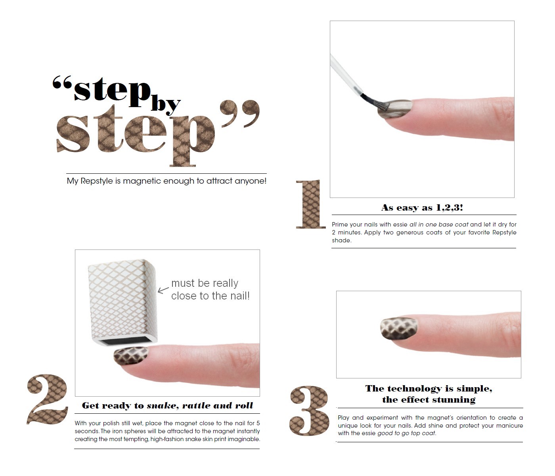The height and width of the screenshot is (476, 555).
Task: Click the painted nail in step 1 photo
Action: (395, 109)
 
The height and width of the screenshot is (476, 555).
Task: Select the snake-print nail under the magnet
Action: (131, 355)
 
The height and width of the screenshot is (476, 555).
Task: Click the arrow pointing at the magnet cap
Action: (163, 290)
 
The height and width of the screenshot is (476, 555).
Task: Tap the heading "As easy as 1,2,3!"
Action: (422, 207)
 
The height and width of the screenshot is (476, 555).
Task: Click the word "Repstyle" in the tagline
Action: (97, 181)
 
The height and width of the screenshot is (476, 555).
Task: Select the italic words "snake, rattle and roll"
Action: (200, 405)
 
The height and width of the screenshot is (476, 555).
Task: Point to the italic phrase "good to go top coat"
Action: (406, 433)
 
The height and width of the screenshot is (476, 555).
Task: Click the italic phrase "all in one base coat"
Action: (439, 224)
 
